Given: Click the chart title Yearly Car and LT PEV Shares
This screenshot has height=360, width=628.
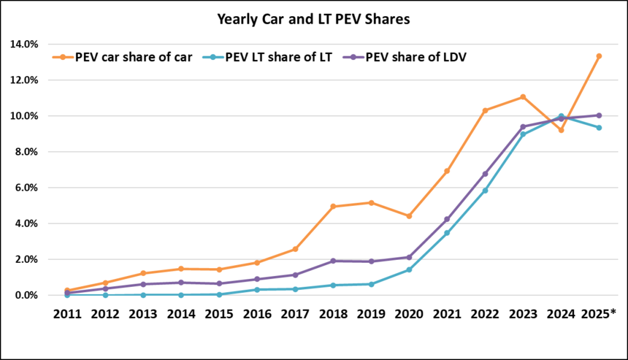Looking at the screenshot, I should [x=313, y=20].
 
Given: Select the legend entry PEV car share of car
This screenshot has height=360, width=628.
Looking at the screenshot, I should [x=127, y=58].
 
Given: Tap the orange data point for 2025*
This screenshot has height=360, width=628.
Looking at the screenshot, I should [x=599, y=56].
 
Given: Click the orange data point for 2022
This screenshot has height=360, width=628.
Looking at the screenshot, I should [x=485, y=110].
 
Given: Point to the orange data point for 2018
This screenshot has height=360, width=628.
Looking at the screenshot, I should [x=333, y=206].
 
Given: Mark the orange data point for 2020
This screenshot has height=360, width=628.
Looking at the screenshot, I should [x=409, y=216].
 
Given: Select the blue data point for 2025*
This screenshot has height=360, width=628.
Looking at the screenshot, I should [x=599, y=128].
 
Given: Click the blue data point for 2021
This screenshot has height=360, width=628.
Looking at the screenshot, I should [x=447, y=233].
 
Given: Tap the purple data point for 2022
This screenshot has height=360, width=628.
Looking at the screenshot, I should [x=485, y=174].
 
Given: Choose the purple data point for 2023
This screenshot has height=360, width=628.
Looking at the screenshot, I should [x=523, y=127].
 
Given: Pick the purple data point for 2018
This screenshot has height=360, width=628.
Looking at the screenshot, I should [x=333, y=261].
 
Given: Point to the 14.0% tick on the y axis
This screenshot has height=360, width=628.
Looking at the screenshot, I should [x=24, y=44].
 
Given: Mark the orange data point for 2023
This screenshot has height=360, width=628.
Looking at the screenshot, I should [x=523, y=97].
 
